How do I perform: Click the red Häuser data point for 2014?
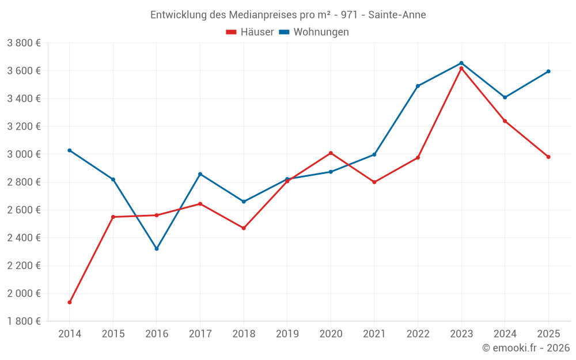tap(70, 302)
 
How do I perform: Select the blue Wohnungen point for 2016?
tap(157, 249)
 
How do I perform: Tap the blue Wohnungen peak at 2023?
tap(461, 63)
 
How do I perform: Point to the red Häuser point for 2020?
tap(331, 153)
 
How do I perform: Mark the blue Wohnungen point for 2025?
tap(548, 71)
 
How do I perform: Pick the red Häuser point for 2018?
tap(244, 228)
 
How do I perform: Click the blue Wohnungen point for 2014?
tap(70, 150)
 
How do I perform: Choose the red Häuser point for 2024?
tap(505, 121)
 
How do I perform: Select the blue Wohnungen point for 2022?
tap(418, 86)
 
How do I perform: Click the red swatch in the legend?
tap(232, 32)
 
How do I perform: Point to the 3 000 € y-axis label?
tap(24, 154)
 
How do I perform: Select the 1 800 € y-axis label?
tap(24, 321)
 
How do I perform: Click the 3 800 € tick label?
tap(24, 43)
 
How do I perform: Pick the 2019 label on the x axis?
tap(287, 334)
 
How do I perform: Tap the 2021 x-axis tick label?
tap(374, 334)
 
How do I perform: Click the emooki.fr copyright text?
tap(525, 348)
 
